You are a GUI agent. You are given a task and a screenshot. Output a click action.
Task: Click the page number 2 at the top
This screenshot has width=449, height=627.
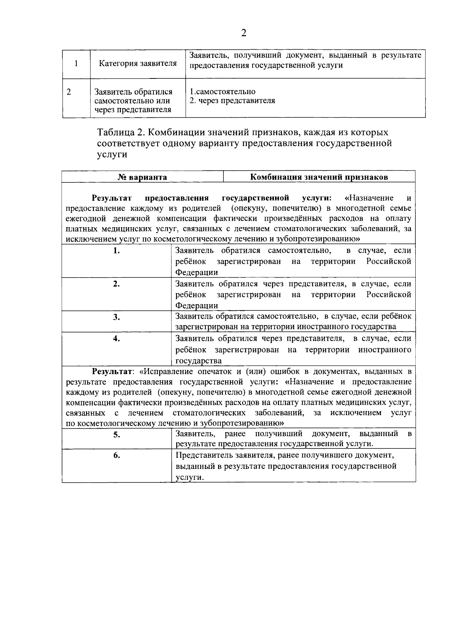(x=244, y=33)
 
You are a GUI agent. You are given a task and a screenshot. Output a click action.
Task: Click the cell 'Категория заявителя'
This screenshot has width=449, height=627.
(x=138, y=63)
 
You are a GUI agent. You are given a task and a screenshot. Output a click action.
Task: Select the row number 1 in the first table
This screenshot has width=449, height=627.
(x=76, y=63)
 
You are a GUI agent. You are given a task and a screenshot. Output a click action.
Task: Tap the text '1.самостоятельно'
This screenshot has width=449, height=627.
(x=223, y=92)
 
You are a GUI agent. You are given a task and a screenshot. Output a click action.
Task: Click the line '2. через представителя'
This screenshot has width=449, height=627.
(x=232, y=101)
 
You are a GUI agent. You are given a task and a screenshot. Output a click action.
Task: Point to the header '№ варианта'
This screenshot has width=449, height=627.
(x=142, y=177)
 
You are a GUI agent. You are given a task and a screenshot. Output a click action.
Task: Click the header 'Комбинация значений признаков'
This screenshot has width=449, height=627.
(x=319, y=177)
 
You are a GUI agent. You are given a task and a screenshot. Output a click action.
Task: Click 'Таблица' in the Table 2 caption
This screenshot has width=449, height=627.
(x=115, y=133)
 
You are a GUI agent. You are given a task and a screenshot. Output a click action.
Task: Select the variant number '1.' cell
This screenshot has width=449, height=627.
(x=116, y=251)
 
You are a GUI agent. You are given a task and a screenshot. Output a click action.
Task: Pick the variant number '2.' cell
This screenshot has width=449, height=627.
(x=116, y=284)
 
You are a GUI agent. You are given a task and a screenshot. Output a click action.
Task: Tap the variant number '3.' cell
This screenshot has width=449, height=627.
(x=116, y=318)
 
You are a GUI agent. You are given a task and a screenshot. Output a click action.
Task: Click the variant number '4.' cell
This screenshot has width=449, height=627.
(x=116, y=339)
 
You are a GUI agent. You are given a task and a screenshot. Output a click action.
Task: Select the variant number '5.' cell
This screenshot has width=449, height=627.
(x=116, y=435)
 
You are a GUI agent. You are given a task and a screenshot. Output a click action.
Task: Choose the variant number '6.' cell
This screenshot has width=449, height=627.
(x=116, y=455)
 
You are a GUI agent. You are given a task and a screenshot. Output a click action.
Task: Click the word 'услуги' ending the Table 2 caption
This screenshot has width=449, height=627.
(x=112, y=155)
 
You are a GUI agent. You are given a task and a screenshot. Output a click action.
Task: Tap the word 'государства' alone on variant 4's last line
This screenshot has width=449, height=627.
(x=199, y=361)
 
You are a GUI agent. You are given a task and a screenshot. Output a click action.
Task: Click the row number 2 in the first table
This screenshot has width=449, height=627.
(x=69, y=92)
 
